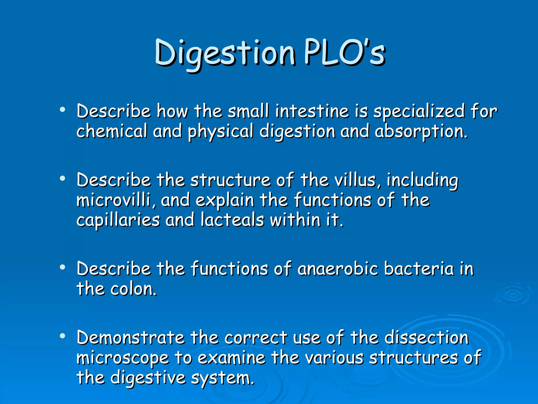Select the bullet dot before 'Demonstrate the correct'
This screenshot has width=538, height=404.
pos(62,336)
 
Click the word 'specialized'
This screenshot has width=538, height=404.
pos(419,112)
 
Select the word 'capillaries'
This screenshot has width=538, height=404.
pos(118,220)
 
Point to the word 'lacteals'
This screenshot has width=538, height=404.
pos(232,220)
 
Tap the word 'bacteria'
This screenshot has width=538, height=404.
pos(419,269)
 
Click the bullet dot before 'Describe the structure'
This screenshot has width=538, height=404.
pos(62,179)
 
